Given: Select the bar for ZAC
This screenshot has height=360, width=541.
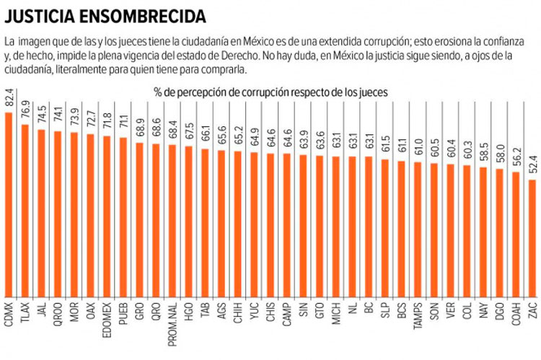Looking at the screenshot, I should pos(532,237).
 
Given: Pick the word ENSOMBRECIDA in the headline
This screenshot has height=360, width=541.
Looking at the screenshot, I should pos(145,15).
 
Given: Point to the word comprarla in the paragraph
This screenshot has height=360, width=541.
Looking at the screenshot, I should pos(223,70).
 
